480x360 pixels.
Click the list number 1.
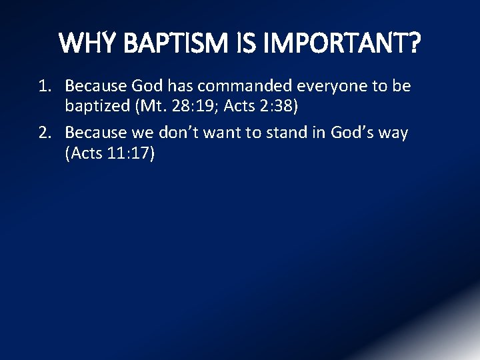pos(44,87)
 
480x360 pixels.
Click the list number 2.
pos(44,133)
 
